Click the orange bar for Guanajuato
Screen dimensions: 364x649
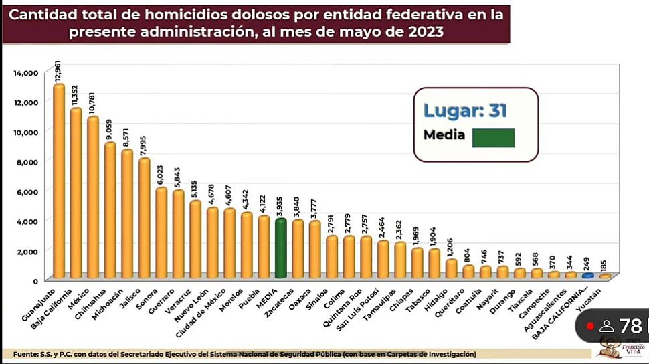[x=59, y=181]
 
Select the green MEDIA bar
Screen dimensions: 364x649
[x=281, y=248]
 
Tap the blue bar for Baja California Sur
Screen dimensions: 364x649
[x=587, y=275]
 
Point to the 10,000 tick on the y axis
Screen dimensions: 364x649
[x=27, y=132]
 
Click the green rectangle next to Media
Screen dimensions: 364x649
[x=493, y=137]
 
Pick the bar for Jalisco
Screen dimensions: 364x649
[x=144, y=218]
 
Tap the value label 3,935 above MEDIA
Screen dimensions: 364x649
[x=281, y=203]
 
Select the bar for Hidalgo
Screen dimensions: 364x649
[x=452, y=268]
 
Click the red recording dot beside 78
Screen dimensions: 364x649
[x=590, y=327]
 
